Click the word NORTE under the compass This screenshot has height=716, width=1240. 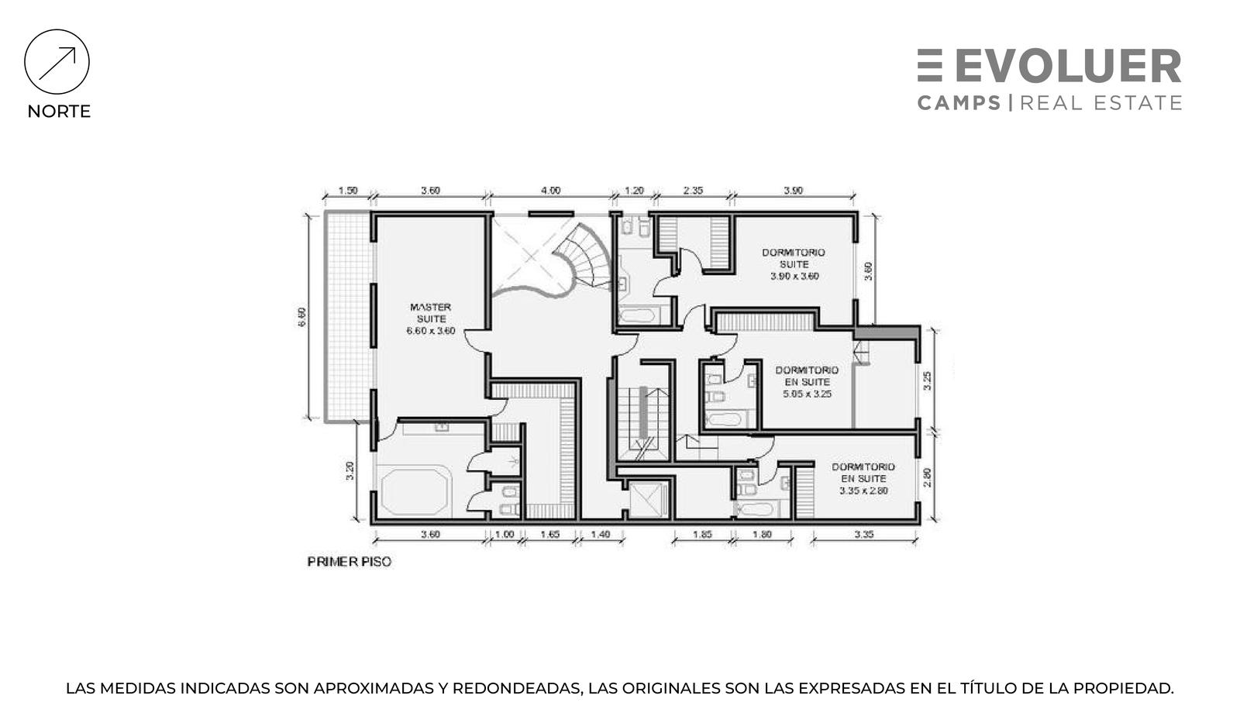tap(59, 112)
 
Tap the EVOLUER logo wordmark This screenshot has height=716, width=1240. tap(1049, 66)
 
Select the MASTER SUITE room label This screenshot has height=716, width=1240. tap(431, 313)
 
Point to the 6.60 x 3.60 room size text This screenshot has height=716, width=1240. tap(431, 331)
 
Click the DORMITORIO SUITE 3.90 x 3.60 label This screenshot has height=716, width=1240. tap(794, 264)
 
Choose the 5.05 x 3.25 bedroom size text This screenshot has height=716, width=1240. tap(807, 394)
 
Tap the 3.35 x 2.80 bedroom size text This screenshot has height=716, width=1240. tap(863, 491)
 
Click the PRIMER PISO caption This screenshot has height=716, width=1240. tap(350, 562)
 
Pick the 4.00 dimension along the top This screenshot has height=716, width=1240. tap(550, 191)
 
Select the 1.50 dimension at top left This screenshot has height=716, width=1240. tap(348, 191)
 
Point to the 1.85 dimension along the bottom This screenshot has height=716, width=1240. tap(702, 535)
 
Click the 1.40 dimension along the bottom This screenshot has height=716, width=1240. tap(601, 535)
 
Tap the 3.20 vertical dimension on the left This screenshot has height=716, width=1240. tap(350, 470)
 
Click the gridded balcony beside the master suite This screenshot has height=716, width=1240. tap(348, 316)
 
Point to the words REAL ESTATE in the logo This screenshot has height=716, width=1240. tap(1101, 103)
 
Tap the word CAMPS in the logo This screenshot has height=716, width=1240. tap(959, 103)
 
